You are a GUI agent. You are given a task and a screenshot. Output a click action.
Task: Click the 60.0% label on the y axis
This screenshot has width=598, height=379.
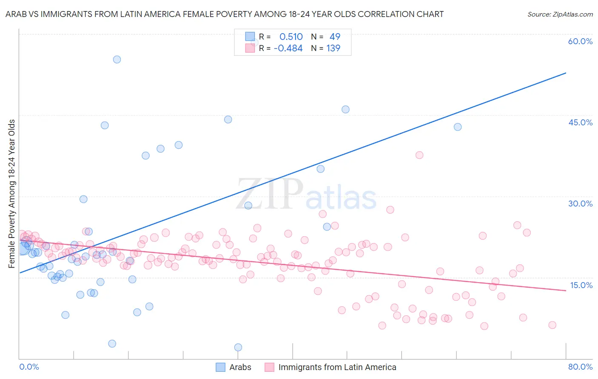tap(580, 41)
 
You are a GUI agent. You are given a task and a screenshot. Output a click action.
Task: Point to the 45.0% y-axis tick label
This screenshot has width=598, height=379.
tap(580, 122)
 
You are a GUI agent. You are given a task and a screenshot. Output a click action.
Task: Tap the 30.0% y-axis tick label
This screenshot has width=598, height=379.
tap(580, 204)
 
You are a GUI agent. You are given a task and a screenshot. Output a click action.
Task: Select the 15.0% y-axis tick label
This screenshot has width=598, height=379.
tap(581, 285)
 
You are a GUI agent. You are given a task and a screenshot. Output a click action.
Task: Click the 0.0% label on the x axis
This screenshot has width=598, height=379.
tap(29, 367)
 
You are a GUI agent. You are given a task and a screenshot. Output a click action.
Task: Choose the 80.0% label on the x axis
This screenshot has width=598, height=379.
tap(580, 367)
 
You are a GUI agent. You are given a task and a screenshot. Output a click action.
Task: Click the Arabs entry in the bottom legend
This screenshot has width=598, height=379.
tap(240, 367)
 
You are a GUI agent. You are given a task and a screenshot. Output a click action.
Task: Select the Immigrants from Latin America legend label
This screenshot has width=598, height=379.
tap(337, 367)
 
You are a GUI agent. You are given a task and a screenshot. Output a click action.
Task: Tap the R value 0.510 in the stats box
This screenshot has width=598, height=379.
tap(291, 37)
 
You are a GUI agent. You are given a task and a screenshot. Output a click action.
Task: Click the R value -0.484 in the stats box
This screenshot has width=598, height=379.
tap(288, 48)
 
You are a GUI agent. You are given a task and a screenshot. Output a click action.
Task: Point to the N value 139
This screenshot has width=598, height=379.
tap(333, 48)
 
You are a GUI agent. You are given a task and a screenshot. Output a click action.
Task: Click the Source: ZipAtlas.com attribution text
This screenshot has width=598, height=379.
tap(560, 14)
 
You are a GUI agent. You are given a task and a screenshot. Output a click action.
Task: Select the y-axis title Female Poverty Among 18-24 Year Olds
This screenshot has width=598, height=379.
tap(12, 194)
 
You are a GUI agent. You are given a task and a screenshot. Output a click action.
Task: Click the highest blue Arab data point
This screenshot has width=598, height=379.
tap(117, 59)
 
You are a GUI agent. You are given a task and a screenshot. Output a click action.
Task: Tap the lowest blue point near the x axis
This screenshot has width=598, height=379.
tap(238, 348)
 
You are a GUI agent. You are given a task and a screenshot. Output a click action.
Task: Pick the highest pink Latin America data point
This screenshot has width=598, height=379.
tap(419, 155)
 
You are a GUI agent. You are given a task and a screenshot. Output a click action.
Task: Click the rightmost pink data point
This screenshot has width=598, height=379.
tap(552, 325)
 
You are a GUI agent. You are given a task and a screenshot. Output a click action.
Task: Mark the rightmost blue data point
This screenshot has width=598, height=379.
tap(458, 127)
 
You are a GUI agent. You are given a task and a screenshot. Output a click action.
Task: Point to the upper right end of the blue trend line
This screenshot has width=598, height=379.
tap(565, 73)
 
